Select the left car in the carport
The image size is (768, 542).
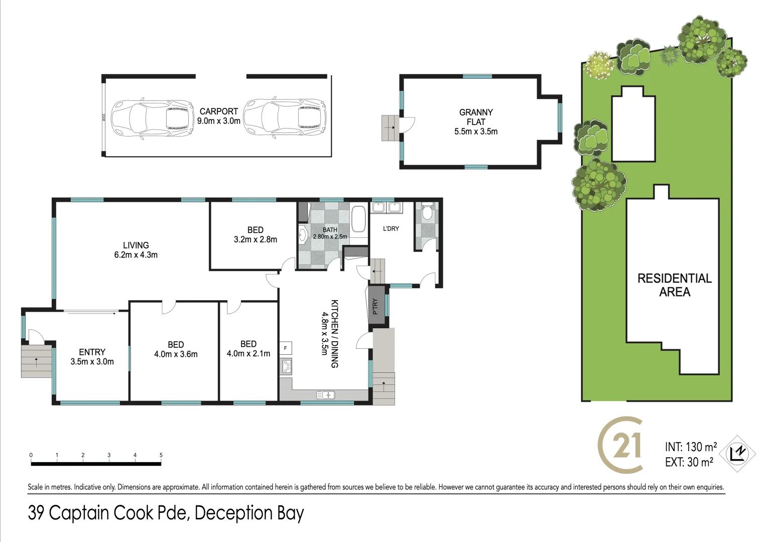(x=152, y=118)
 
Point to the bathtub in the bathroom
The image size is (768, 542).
(x=358, y=219)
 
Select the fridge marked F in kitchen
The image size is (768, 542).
(x=285, y=348)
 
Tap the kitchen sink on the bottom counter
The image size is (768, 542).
(x=326, y=395)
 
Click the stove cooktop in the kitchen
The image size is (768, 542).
(x=286, y=367)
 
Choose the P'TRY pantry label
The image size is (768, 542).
(x=375, y=306)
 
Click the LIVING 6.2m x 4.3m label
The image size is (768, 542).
(x=136, y=250)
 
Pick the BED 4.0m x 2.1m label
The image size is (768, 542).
(x=248, y=349)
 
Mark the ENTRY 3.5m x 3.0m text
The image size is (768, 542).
(x=92, y=357)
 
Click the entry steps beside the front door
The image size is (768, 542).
(x=36, y=361)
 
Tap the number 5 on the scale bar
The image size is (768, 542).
(x=161, y=455)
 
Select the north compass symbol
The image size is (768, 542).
(x=737, y=454)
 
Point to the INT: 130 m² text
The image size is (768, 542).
(x=691, y=447)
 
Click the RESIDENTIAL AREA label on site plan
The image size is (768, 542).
(x=674, y=285)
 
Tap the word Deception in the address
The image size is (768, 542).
(x=234, y=513)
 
